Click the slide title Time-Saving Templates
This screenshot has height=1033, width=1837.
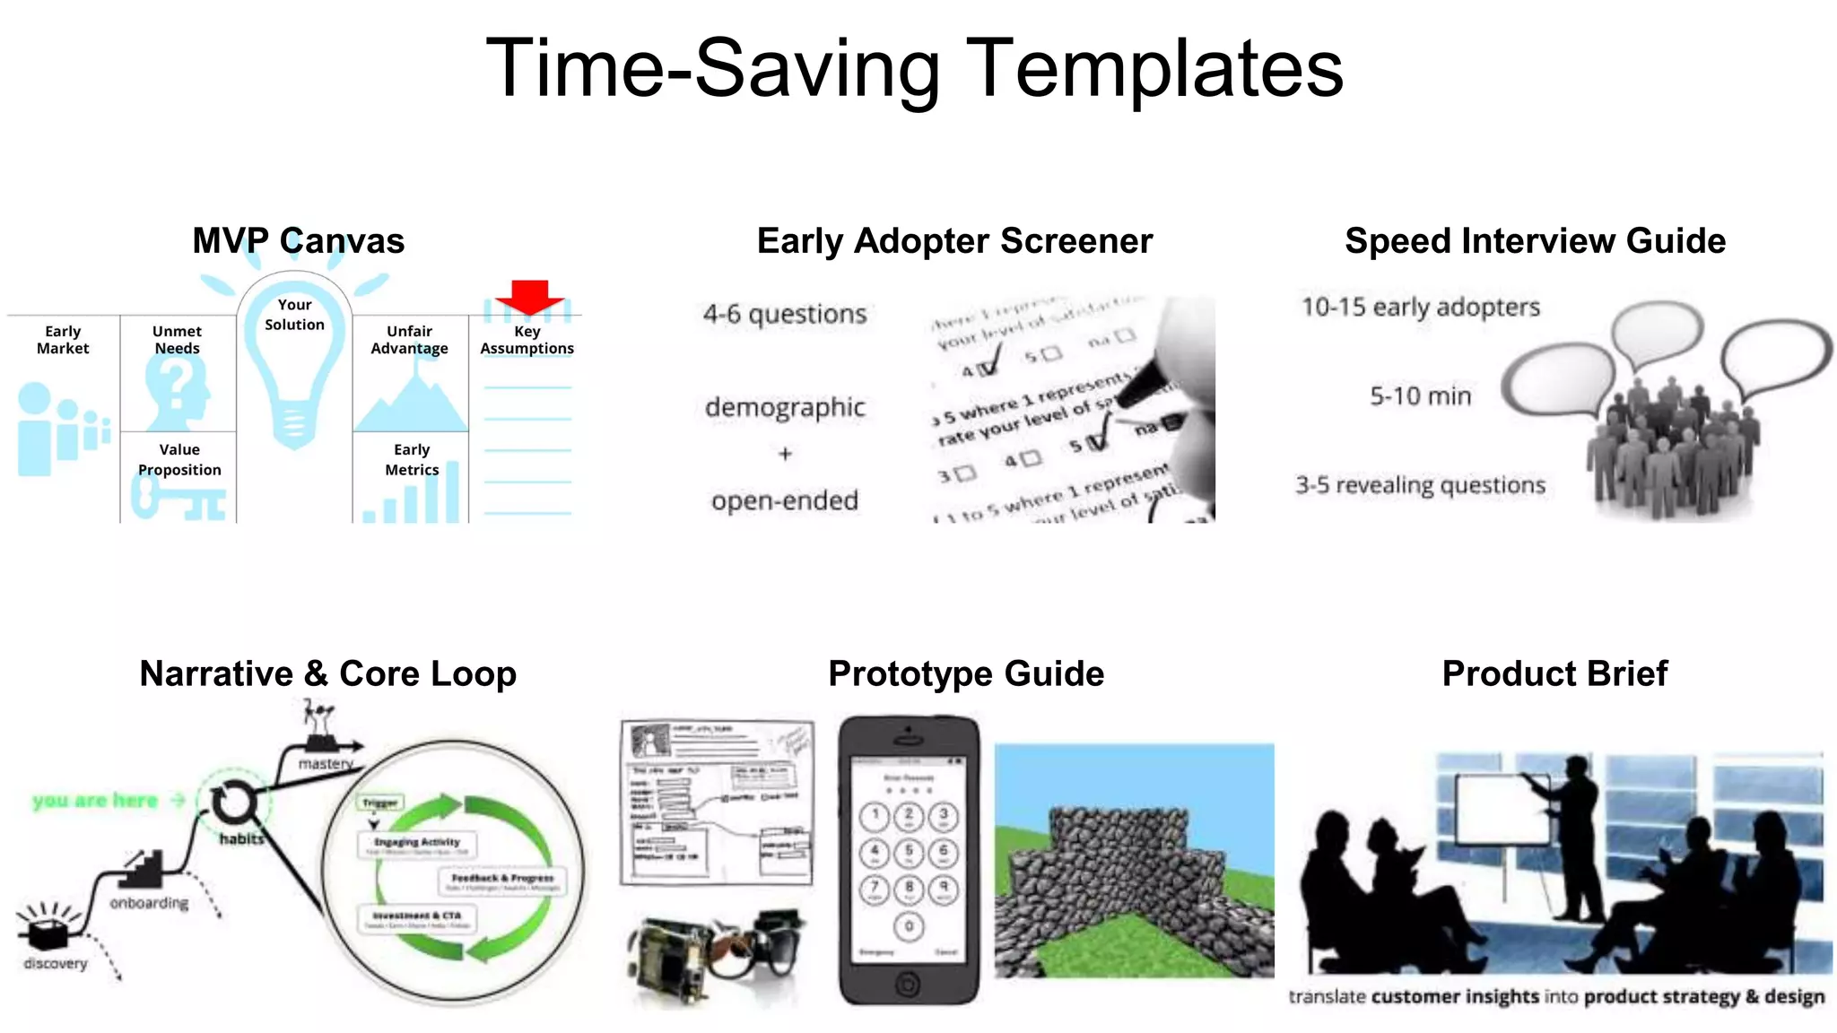pos(914,68)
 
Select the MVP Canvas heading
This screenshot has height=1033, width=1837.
pos(298,240)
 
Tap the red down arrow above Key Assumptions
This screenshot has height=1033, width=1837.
pos(529,296)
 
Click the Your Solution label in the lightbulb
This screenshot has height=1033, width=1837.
pos(294,315)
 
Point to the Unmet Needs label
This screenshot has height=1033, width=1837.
pos(177,340)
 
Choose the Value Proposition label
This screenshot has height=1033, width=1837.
pos(179,459)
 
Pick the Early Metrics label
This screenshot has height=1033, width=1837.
pos(412,459)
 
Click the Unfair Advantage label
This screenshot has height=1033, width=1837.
pos(409,340)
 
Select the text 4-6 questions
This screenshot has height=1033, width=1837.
pos(785,314)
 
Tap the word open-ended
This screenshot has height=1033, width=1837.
pos(785,500)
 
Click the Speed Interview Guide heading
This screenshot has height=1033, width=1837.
pos(1535,240)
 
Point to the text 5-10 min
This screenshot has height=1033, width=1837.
pos(1420,395)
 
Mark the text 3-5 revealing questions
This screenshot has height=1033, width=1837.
pos(1420,485)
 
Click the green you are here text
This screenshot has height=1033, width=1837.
pos(95,800)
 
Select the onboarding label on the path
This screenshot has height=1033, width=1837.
pos(149,902)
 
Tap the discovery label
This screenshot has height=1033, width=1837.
pos(56,963)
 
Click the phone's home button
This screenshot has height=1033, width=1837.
pos(908,984)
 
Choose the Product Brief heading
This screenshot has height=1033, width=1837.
pos(1554,673)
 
